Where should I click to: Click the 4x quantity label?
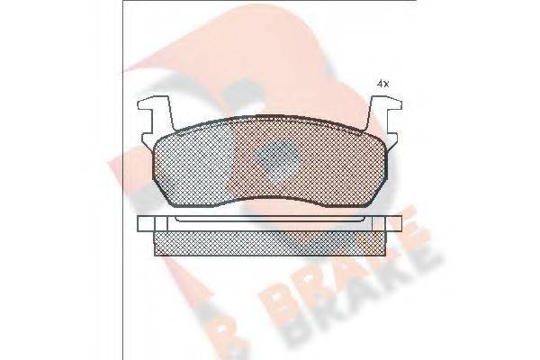[x=382, y=84]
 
